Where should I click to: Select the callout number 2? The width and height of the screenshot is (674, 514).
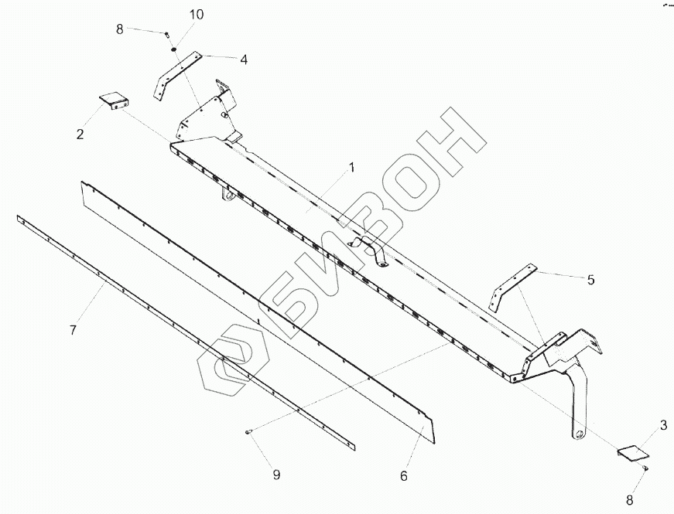[80, 135]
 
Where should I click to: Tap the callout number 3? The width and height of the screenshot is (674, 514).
[663, 424]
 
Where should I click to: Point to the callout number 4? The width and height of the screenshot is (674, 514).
[243, 59]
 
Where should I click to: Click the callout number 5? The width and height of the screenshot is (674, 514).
[590, 281]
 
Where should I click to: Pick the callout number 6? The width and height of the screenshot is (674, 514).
[403, 476]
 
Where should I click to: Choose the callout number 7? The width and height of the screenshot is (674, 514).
[73, 330]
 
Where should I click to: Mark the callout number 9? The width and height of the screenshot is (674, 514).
[276, 475]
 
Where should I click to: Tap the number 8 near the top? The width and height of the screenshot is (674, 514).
[120, 29]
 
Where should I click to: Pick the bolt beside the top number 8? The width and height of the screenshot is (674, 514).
[166, 34]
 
